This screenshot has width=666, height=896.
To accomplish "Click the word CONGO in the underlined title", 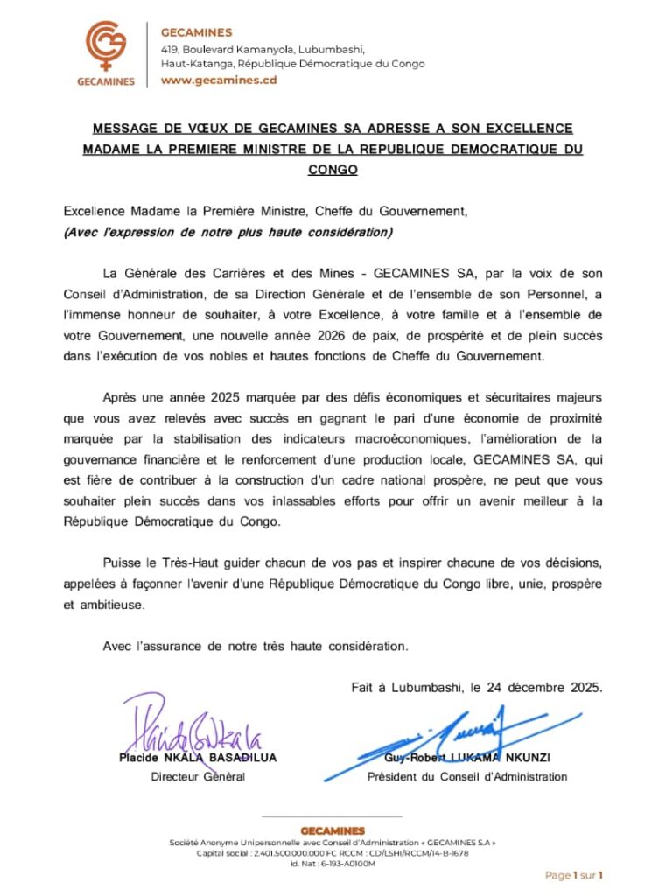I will (x=333, y=170).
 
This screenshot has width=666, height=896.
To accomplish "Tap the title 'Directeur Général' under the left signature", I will (x=198, y=776).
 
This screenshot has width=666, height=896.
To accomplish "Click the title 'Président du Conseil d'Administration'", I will (x=467, y=776).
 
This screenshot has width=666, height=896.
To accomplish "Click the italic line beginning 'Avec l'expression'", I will (x=228, y=232).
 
